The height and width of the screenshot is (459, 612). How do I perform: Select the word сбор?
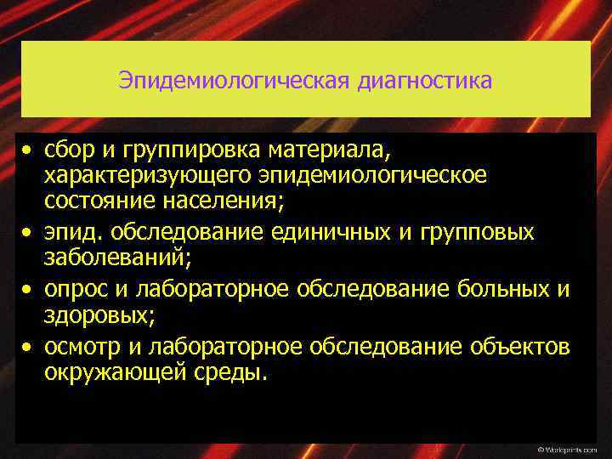[71, 152]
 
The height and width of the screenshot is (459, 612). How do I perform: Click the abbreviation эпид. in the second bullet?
[73, 232]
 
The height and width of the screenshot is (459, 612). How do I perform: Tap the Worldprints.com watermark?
[570, 448]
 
